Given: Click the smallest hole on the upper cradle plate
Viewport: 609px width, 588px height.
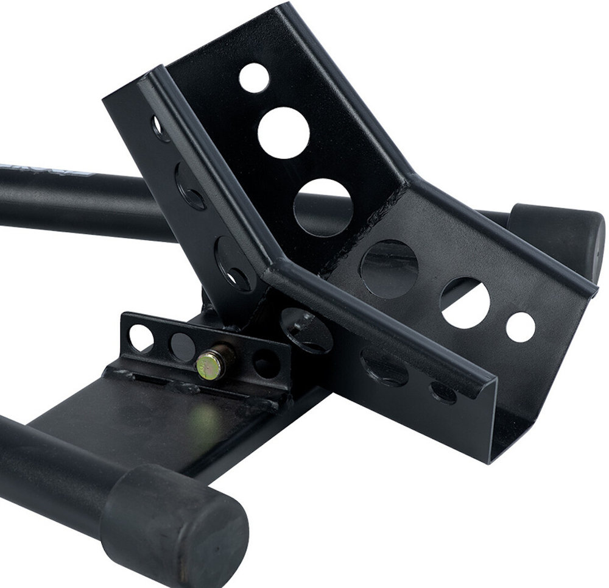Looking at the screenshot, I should coord(254,77).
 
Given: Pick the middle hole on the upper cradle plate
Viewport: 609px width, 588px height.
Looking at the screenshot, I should coord(283,132).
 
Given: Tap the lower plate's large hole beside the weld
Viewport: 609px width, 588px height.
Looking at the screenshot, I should coord(389,269).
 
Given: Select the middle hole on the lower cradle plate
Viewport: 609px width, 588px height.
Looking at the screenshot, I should coord(464,303).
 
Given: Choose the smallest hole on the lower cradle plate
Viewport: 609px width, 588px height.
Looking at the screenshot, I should coord(520,326).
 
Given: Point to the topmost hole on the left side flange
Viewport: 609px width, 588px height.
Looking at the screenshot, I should coord(160,129).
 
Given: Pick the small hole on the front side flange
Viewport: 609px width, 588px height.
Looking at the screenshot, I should coord(443,391).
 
